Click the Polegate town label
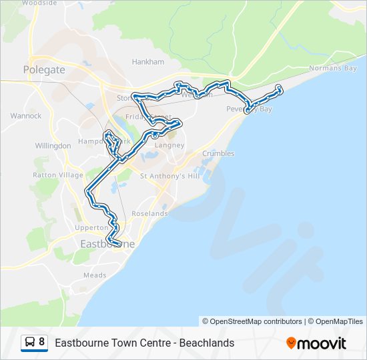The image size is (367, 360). point(44,69)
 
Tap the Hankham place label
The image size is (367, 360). point(147,62)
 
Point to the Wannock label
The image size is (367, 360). point(26,116)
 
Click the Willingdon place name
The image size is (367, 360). point(53,145)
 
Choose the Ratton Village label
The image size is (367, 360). point(58,175)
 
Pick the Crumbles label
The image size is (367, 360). point(218,153)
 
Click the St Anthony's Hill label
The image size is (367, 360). point(170,176)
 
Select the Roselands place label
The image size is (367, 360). point(149,214)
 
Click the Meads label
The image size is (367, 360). point(95,275)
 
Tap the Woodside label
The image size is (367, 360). point(39,3)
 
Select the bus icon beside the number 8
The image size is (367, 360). point(30,343)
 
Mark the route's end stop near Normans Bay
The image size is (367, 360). point(279,88)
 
